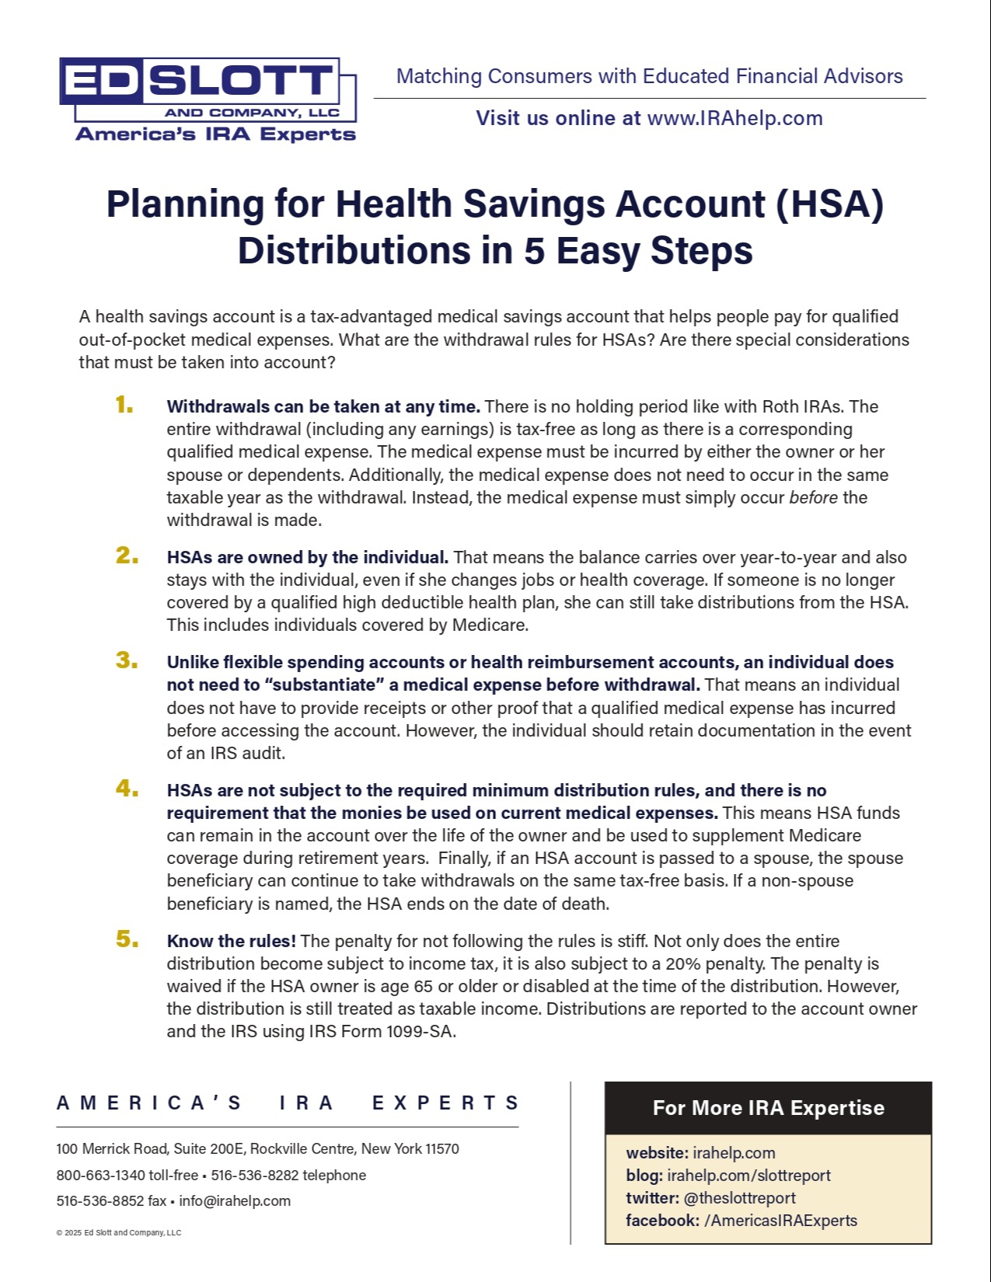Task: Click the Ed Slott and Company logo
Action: point(208,99)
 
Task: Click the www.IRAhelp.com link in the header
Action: point(735,118)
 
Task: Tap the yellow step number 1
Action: point(124,405)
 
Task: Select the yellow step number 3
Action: point(127,660)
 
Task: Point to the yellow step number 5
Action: point(127,939)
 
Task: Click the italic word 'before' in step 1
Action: point(813,497)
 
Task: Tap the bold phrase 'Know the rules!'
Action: point(231,941)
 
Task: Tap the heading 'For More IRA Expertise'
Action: point(768,1108)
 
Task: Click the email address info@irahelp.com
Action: point(235,1200)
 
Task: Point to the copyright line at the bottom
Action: point(118,1232)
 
